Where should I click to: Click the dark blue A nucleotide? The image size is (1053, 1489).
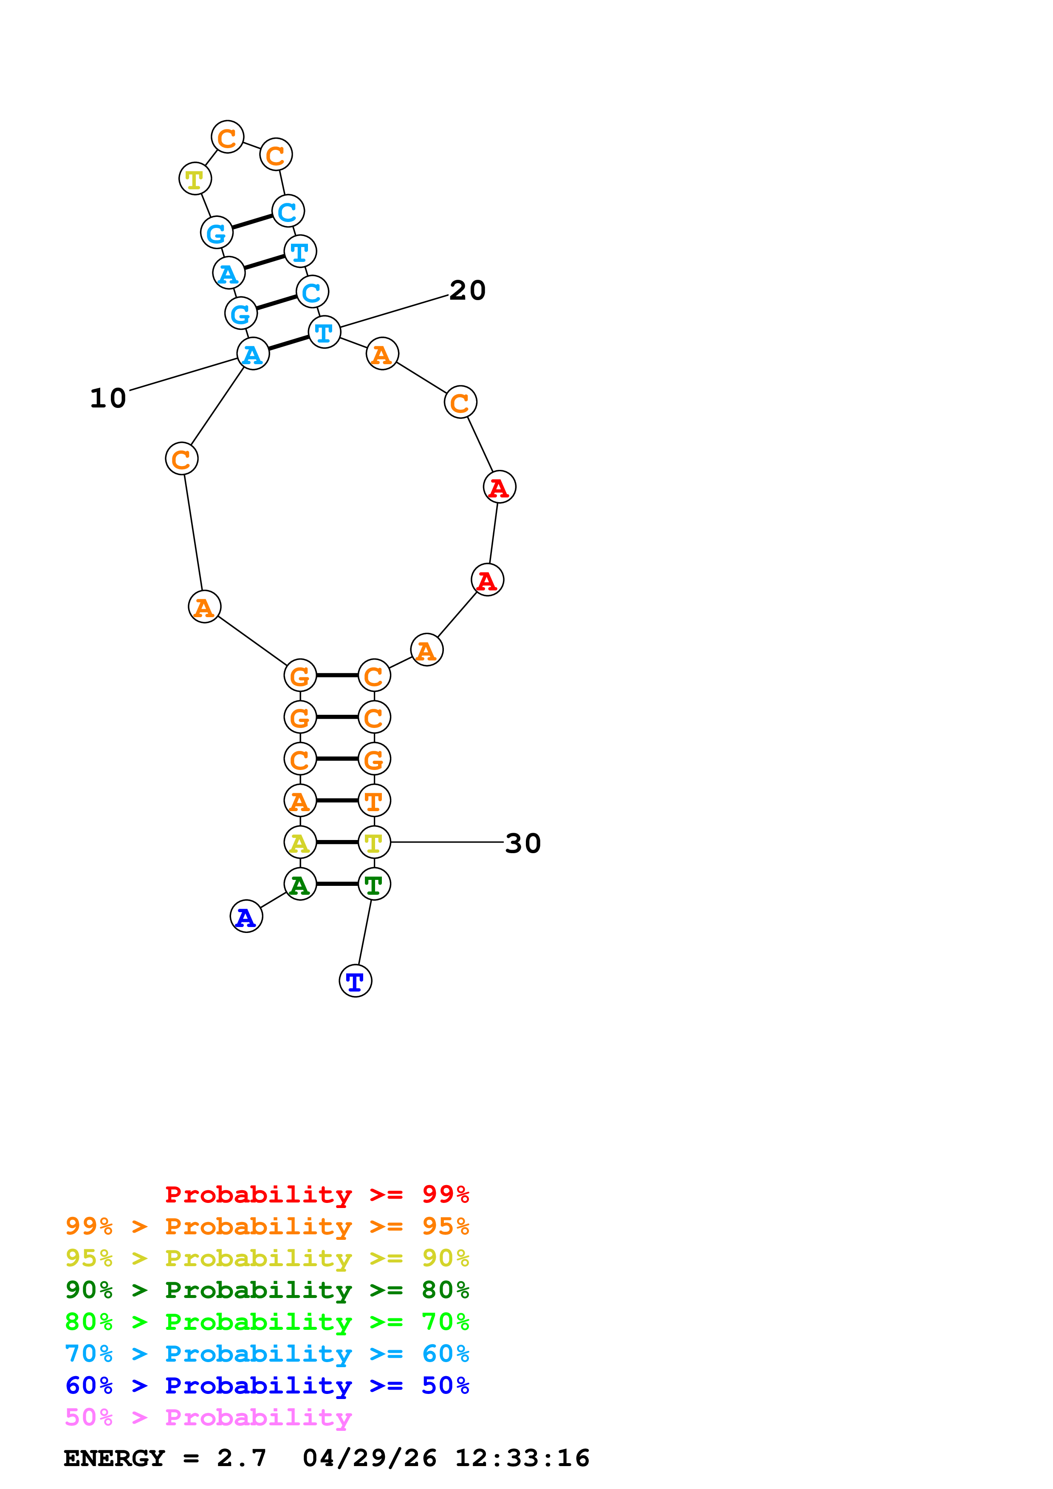point(246,916)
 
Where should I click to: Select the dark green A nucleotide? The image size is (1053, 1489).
point(300,884)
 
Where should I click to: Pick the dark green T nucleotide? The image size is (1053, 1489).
point(374,884)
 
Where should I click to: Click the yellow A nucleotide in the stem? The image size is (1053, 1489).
point(300,843)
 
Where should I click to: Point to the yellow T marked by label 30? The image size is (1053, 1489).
point(374,843)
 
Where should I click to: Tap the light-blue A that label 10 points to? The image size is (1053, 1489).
point(252,354)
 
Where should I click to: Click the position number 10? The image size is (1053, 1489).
point(108,398)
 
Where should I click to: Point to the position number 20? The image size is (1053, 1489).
point(467,290)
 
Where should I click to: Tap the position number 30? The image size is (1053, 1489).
point(522,843)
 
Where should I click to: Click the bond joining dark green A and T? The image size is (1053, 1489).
point(337,884)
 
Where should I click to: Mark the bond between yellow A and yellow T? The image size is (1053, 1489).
point(337,843)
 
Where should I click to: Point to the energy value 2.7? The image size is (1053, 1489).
point(241,1458)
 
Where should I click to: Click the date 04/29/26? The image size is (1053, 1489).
point(369,1458)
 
